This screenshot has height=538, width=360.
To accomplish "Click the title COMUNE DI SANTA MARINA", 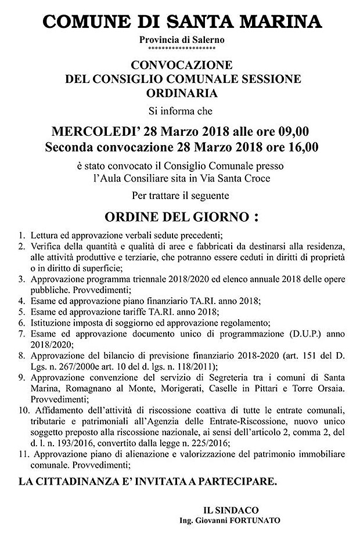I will pyautogui.click(x=181, y=21).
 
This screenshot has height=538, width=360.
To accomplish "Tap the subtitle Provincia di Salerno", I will pyautogui.click(x=182, y=39).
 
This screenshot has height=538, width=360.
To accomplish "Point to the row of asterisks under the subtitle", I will pyautogui.click(x=182, y=48).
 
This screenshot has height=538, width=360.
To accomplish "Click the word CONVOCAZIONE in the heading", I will pyautogui.click(x=182, y=64).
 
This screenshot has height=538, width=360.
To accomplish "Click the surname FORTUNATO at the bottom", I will pyautogui.click(x=258, y=520).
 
